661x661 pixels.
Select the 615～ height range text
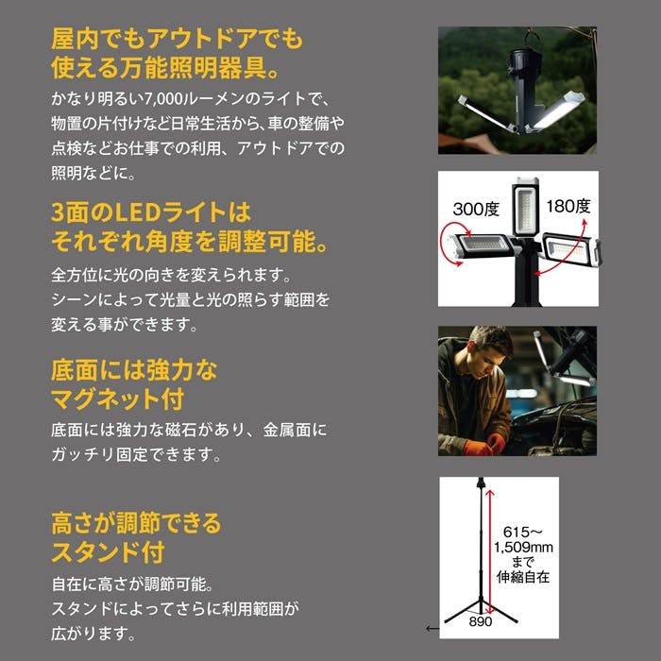(523, 532)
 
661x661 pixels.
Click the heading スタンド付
(108, 550)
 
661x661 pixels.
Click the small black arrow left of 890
(431, 627)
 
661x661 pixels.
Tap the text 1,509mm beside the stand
(524, 548)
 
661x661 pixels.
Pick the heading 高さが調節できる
(136, 521)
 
